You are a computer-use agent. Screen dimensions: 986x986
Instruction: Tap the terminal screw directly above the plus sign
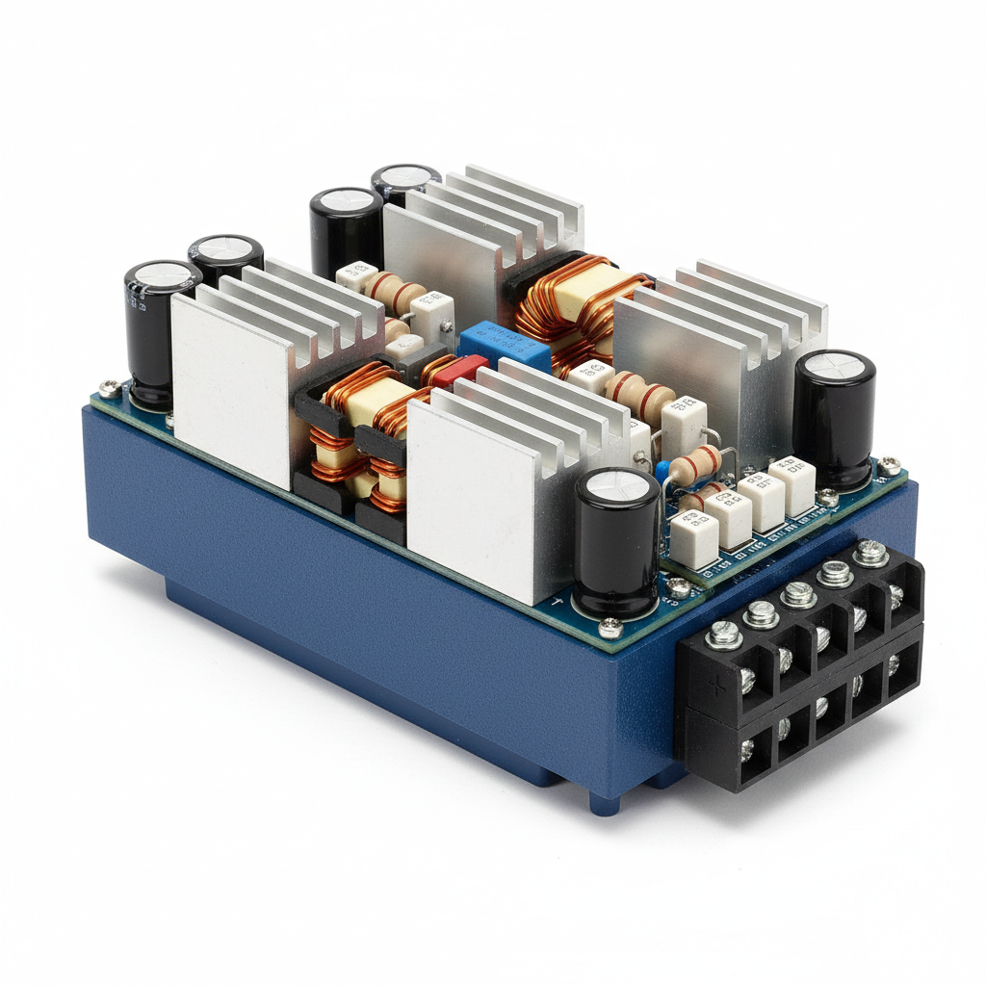(722, 635)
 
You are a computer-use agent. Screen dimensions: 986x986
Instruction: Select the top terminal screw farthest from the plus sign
(870, 552)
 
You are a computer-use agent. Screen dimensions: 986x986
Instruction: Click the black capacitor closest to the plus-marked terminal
(617, 539)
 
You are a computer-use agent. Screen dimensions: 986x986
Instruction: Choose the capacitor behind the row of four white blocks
(834, 414)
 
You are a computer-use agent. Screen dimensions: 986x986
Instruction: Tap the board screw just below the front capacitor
(610, 630)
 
